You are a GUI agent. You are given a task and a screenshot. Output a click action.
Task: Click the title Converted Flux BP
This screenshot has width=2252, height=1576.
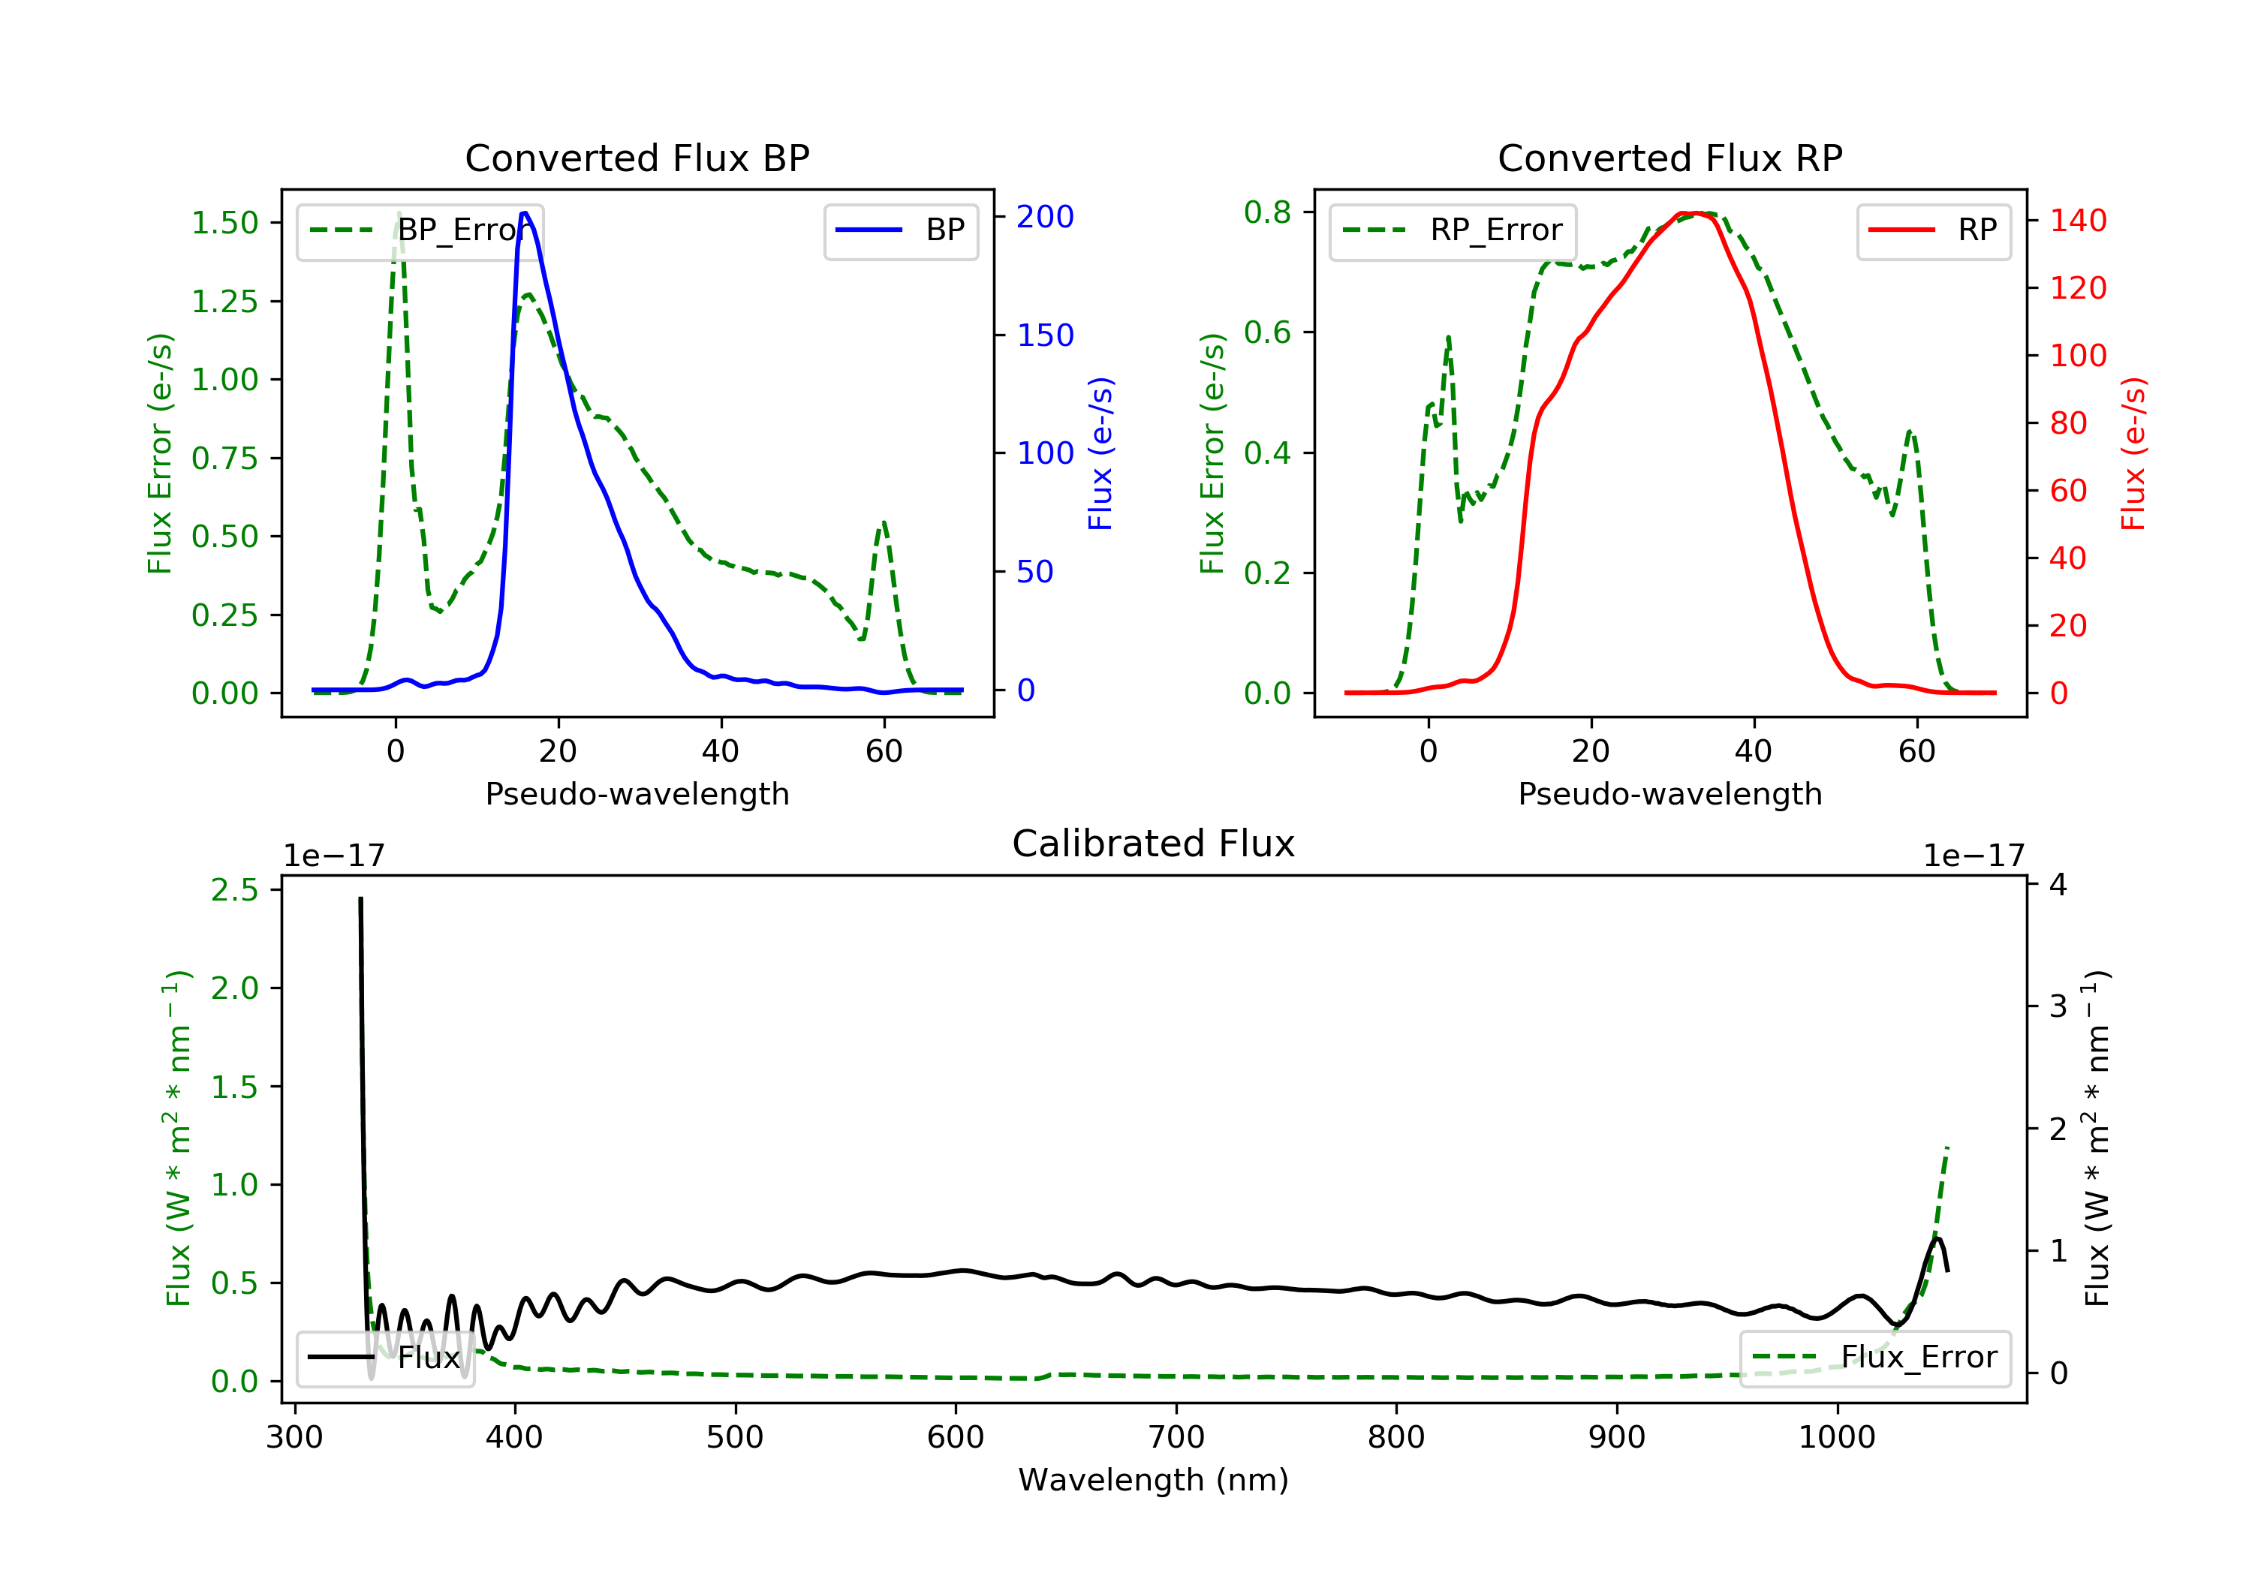[x=637, y=158]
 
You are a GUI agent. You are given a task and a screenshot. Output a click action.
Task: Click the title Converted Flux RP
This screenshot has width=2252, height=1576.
[x=1669, y=158]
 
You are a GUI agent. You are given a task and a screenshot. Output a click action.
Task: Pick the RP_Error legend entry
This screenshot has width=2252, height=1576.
[x=1453, y=230]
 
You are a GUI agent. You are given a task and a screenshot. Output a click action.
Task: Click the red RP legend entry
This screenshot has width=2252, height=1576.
[x=1933, y=230]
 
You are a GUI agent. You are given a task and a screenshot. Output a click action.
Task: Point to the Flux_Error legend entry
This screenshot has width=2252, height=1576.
[x=1874, y=1358]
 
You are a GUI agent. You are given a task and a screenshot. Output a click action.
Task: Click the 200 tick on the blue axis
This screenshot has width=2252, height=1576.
[x=1045, y=217]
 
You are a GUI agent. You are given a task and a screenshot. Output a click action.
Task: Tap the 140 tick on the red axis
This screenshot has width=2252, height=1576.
[x=2077, y=221]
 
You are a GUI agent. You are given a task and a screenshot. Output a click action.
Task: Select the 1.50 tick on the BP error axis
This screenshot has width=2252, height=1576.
[x=224, y=223]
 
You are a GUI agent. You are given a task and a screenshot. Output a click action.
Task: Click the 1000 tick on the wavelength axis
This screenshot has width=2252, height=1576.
[x=1836, y=1438]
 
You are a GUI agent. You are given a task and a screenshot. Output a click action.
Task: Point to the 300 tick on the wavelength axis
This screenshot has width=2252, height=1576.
[x=294, y=1438]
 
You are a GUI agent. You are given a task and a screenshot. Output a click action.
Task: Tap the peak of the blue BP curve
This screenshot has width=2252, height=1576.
[x=525, y=213]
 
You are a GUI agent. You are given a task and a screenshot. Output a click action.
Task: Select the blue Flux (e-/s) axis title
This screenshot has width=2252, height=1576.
[x=1100, y=453]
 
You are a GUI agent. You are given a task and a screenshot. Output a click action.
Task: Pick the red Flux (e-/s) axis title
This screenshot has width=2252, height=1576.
[x=2133, y=453]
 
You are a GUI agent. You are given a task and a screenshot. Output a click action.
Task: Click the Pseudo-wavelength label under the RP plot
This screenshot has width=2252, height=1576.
[x=1669, y=793]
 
